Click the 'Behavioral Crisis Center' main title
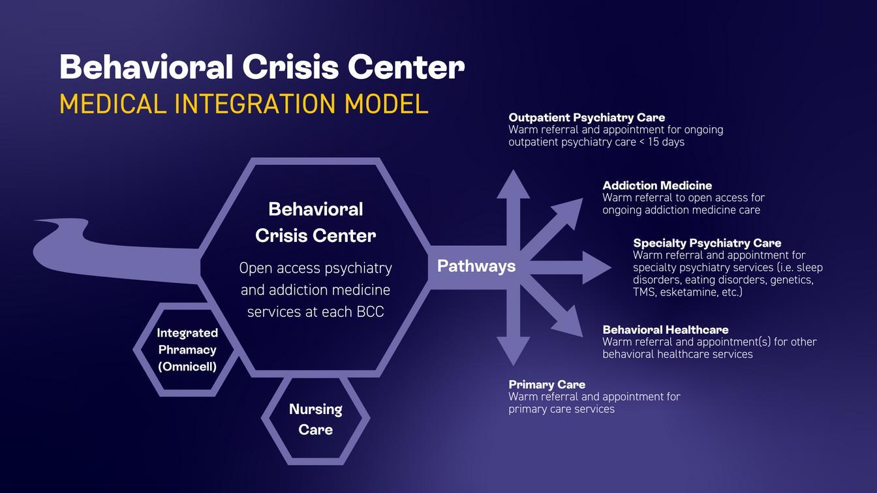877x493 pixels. pos(262,67)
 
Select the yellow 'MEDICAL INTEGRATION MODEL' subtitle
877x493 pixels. pos(243,104)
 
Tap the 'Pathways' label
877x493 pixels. pos(476,266)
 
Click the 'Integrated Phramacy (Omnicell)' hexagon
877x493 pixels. pos(187,350)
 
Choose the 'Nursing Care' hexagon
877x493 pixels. pos(315,419)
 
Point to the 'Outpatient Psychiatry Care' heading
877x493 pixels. pos(587,117)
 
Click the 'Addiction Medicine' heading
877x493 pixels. pos(657,185)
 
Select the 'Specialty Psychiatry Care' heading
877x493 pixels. pos(707,243)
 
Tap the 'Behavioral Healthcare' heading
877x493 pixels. pos(665,329)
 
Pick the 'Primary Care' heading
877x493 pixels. pos(547,384)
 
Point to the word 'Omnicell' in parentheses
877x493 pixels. pos(187,366)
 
